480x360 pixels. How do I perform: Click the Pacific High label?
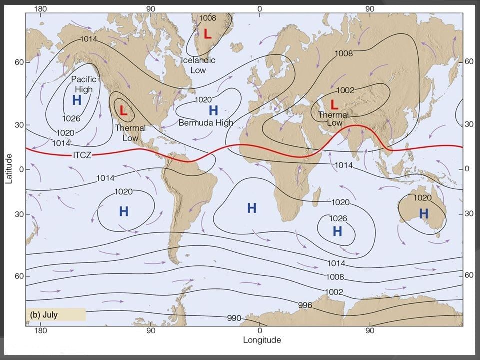tap(83, 84)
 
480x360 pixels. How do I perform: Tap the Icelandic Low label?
tap(198, 65)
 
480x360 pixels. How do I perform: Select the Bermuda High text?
tap(206, 123)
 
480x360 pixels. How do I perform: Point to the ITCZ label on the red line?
tap(82, 155)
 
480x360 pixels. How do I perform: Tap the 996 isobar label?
tap(305, 305)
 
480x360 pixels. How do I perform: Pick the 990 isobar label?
tap(234, 318)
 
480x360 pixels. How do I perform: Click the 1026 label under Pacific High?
tap(71, 118)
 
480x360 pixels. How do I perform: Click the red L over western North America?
tap(124, 111)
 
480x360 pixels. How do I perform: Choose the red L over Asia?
tap(334, 104)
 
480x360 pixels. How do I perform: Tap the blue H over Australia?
tap(423, 214)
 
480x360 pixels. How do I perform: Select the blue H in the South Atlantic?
tap(252, 208)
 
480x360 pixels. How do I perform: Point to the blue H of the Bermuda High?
tap(213, 110)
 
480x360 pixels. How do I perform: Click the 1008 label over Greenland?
tap(207, 18)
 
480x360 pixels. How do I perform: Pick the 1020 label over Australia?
tap(423, 198)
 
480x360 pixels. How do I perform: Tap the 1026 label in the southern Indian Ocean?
tap(338, 218)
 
